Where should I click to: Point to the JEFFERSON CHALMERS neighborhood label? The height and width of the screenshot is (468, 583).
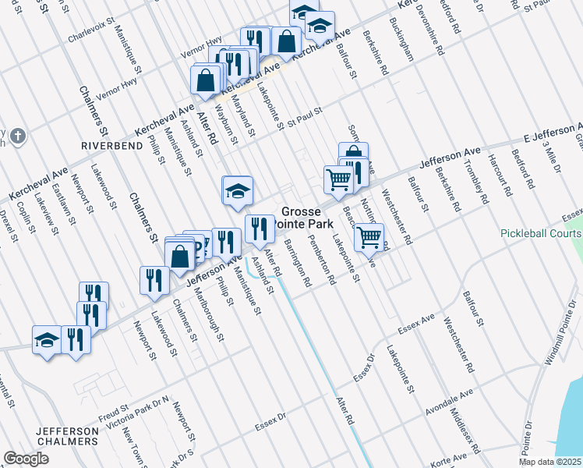click(x=66, y=437)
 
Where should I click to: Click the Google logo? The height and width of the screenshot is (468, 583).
click(x=26, y=458)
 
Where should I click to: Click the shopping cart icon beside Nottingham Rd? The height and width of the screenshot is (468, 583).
click(x=369, y=237)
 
